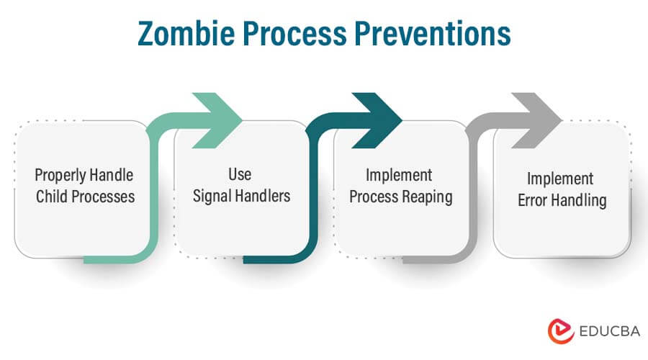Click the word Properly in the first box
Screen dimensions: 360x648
(x=60, y=176)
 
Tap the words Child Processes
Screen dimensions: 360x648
(x=85, y=197)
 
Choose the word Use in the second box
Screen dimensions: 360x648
(x=240, y=175)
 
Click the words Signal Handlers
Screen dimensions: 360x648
(x=240, y=197)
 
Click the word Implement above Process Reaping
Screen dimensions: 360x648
(x=399, y=175)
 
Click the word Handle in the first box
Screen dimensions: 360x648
(x=111, y=176)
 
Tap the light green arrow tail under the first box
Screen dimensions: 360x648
(x=115, y=258)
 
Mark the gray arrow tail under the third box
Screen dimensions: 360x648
(x=432, y=258)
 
